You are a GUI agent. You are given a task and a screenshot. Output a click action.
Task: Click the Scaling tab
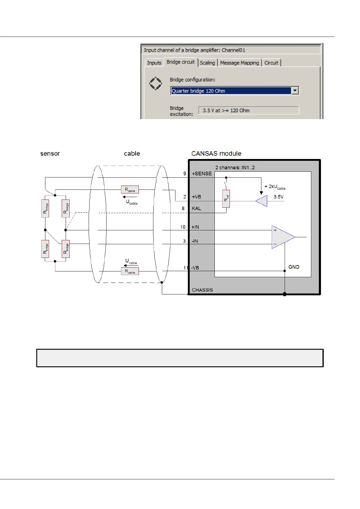tap(207, 63)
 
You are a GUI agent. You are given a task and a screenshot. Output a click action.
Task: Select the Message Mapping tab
tap(239, 63)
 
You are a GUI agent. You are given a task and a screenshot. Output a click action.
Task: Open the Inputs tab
tap(154, 63)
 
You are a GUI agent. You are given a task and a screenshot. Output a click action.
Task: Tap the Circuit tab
tap(271, 63)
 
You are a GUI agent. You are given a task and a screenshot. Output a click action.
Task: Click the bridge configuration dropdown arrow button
tap(295, 91)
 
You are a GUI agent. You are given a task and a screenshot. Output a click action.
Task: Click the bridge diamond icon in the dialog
tap(155, 83)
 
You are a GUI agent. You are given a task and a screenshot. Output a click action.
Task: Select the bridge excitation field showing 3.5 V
tap(248, 111)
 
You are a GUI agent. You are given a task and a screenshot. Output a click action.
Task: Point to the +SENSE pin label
tap(202, 174)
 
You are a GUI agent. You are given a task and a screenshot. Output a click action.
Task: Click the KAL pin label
tap(196, 209)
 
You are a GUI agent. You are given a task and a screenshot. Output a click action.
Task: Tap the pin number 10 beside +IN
tap(183, 227)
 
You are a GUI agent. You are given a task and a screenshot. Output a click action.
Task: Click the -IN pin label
tap(195, 241)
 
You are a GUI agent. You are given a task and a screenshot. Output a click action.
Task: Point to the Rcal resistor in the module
tap(226, 199)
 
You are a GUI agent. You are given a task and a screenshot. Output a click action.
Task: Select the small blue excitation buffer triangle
tap(262, 201)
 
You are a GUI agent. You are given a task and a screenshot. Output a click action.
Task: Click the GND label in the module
tap(294, 267)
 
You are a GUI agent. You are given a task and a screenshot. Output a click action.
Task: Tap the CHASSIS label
tap(202, 290)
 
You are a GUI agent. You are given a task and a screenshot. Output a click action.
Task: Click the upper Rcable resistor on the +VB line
tap(130, 190)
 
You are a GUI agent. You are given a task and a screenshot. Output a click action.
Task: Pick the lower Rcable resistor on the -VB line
tap(130, 271)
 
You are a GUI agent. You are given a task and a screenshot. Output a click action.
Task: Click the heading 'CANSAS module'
tap(216, 154)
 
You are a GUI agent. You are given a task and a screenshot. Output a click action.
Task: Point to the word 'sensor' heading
tap(50, 154)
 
